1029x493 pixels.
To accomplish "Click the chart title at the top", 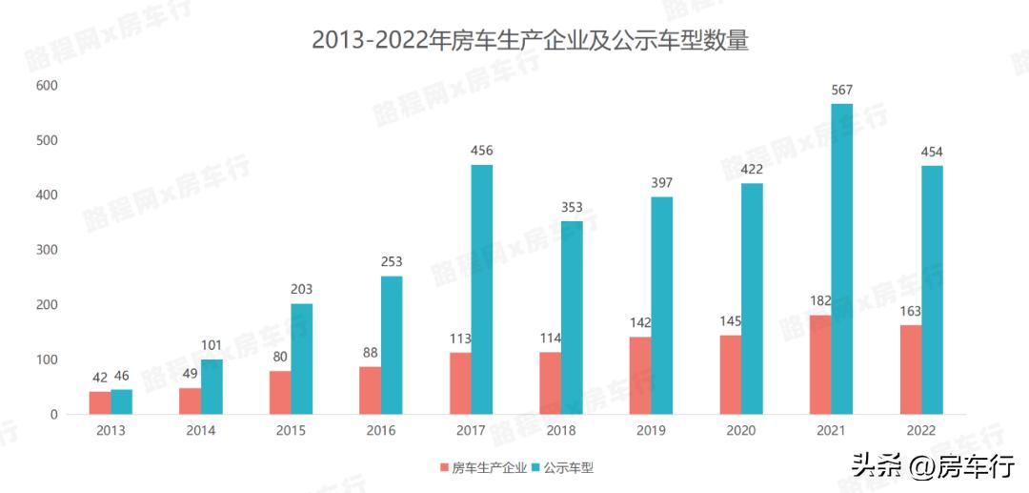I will tap(530, 41).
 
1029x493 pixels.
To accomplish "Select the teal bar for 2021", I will tap(841, 258).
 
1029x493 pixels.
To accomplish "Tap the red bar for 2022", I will tap(910, 370).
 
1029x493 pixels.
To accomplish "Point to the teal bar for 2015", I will tap(302, 359).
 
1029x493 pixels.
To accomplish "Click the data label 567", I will tap(841, 90).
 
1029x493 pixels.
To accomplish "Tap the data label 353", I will tap(572, 207).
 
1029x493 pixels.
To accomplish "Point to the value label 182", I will tap(820, 301).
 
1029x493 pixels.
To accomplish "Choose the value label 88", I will tap(371, 353).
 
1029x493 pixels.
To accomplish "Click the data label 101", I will tap(212, 345).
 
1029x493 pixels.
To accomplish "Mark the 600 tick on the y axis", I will tap(47, 86).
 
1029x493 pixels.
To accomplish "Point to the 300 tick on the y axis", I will tap(47, 250).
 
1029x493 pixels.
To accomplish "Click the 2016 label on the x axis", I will tap(381, 431).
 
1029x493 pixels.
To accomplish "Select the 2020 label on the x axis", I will tap(740, 431).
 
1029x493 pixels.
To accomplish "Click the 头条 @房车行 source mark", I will tap(933, 465).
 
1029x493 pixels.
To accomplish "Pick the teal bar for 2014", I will tap(212, 386).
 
